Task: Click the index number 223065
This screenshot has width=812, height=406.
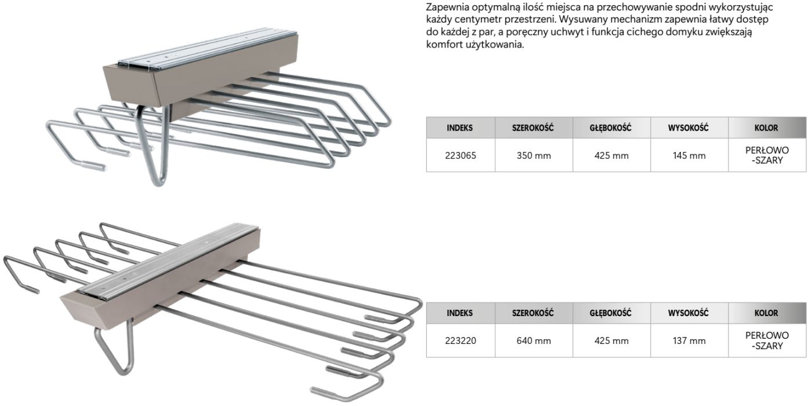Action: click(x=461, y=155)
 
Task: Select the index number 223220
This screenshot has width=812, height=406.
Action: click(x=461, y=341)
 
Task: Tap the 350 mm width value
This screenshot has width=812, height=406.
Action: click(x=534, y=155)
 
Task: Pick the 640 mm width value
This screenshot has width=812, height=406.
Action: click(x=534, y=341)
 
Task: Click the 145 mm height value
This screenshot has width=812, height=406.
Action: click(x=689, y=155)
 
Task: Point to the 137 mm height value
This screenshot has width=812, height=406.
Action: click(x=689, y=341)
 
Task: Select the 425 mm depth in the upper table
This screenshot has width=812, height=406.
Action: click(x=611, y=155)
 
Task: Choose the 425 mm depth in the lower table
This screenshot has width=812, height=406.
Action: click(x=611, y=341)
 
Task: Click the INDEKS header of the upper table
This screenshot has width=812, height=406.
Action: click(x=459, y=128)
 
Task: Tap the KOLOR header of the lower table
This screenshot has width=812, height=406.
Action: click(x=766, y=313)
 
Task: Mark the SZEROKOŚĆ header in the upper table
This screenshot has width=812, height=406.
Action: click(x=533, y=128)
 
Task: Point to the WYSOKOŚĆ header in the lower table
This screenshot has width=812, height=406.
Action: click(x=688, y=313)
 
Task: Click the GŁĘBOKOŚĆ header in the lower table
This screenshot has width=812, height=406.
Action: click(x=610, y=313)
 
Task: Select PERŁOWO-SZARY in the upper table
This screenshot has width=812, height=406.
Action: click(x=767, y=155)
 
